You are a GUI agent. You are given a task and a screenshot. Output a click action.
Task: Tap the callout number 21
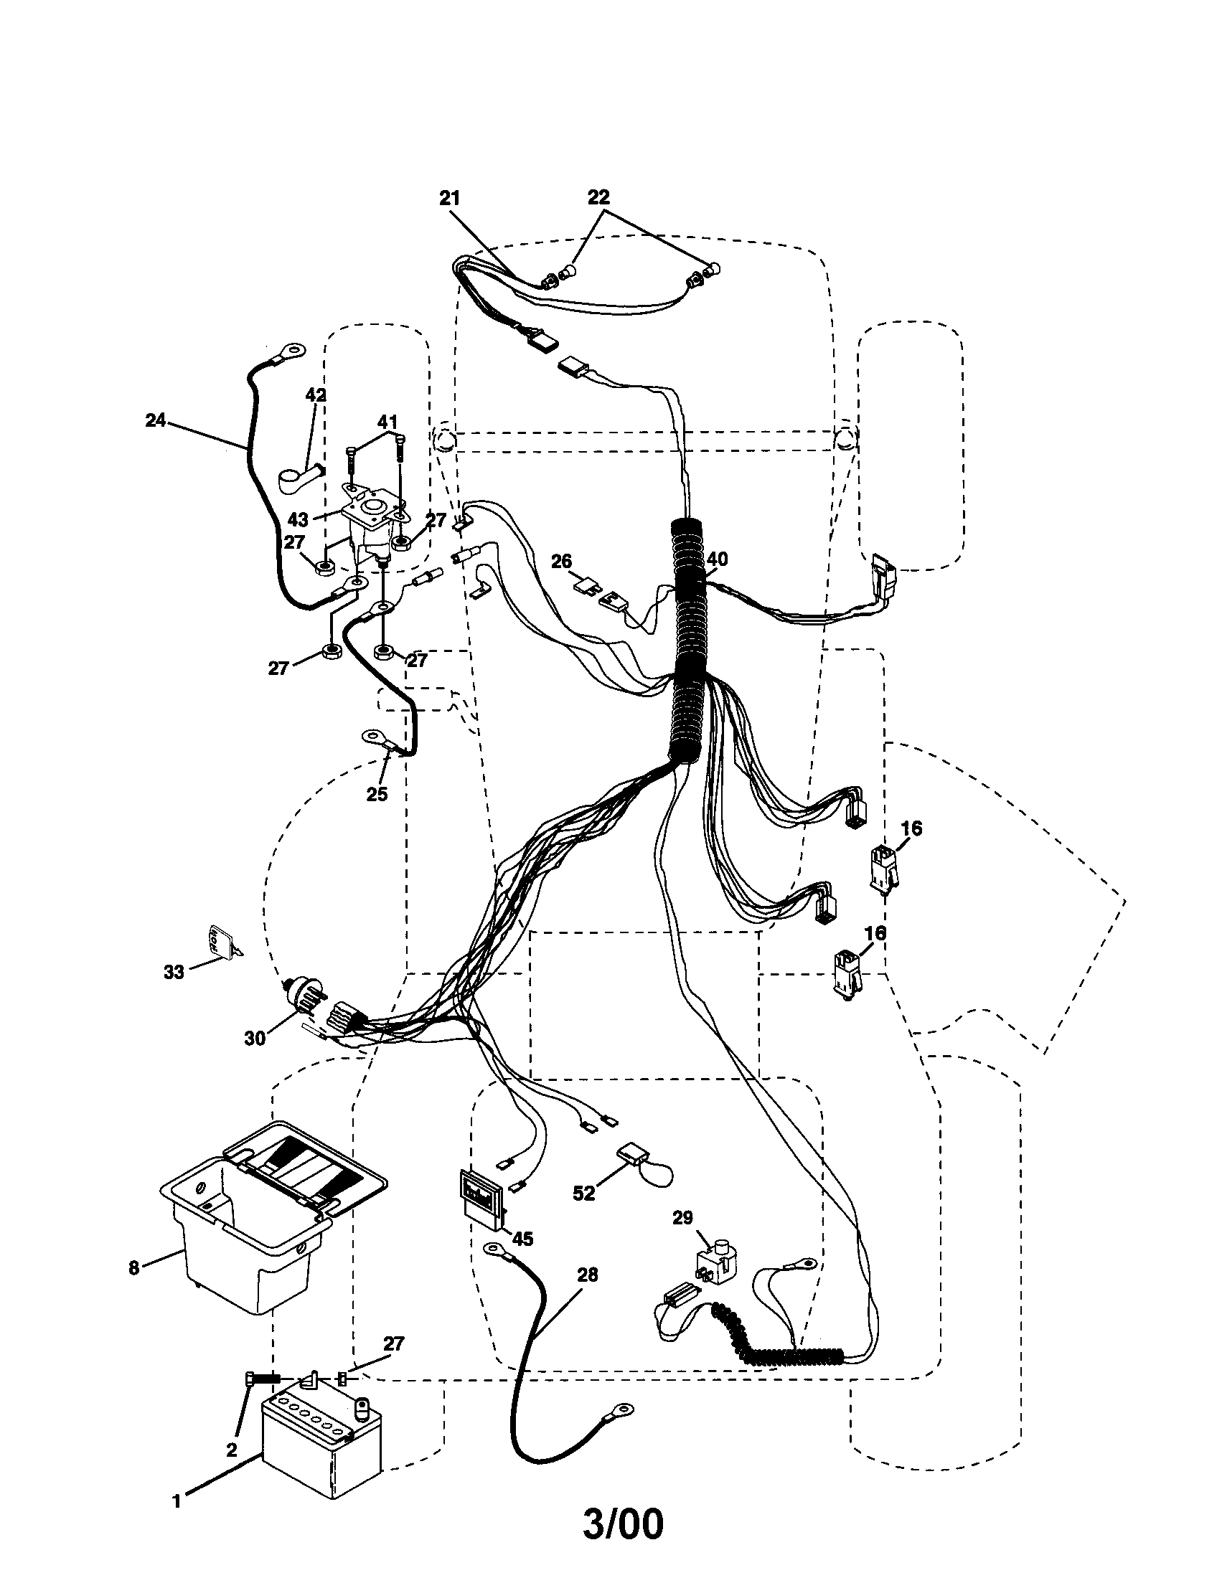pos(449,199)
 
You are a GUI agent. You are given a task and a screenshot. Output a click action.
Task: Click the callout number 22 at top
pos(598,197)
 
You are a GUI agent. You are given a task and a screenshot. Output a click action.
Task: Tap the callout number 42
pos(316,395)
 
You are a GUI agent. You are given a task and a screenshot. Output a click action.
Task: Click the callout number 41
pos(387,421)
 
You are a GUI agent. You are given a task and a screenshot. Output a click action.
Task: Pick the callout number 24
pos(156,420)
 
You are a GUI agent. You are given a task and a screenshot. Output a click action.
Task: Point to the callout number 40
pos(717,559)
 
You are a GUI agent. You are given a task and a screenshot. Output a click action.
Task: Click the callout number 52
pos(583,1194)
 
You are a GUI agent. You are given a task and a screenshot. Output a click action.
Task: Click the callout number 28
pos(588,1275)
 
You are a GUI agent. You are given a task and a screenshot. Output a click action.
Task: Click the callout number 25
pos(377,794)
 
